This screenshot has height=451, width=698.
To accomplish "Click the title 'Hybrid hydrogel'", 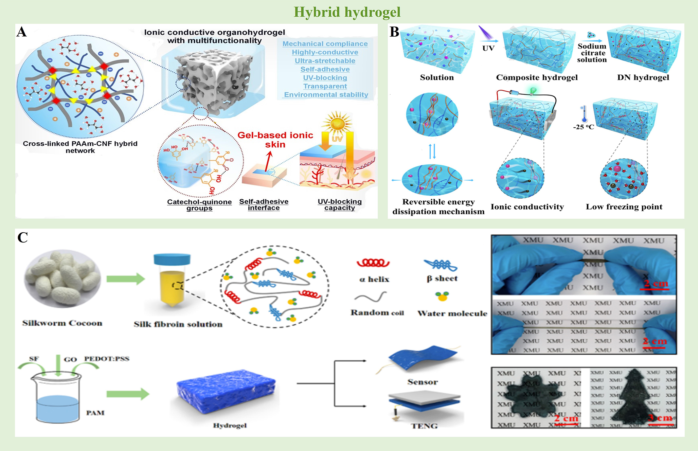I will coord(347,12).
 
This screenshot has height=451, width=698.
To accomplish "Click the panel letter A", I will coord(22,32).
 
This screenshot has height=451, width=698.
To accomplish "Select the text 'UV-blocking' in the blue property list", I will coord(325,78).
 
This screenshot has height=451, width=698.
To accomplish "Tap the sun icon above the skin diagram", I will coord(337,122).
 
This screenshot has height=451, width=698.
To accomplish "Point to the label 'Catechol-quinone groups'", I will coord(199,205).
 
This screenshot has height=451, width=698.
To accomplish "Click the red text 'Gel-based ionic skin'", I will coord(275,140).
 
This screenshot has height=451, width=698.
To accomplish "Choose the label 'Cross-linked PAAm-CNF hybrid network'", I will coord(80,147).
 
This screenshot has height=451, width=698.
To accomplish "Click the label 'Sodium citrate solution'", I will coord(592,53).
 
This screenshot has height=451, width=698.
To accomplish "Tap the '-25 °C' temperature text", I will coord(584,127).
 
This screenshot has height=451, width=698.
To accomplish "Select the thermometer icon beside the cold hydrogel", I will coord(584,114).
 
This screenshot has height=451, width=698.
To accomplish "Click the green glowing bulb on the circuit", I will coord(533,90).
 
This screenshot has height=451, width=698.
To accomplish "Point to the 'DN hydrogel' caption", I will coord(643,77).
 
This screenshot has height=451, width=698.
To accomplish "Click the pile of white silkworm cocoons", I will coord(62,278).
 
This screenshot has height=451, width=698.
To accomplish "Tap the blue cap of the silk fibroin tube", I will coord(172,259).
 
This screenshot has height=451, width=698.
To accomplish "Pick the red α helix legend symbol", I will coord(373,263).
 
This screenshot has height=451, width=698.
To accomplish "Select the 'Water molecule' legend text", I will coord(452,313).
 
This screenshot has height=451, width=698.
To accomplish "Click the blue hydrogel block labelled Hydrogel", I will coord(226,391).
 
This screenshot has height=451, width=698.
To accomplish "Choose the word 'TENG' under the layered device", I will coord(424,426).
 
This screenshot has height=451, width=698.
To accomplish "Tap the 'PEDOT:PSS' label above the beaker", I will coord(107,359).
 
